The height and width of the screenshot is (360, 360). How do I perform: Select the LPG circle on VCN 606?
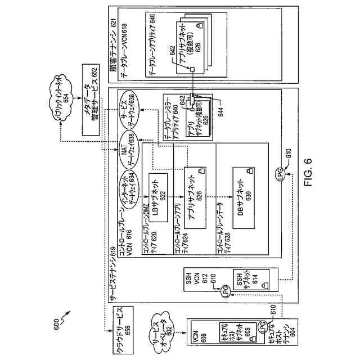pos(263,326)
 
